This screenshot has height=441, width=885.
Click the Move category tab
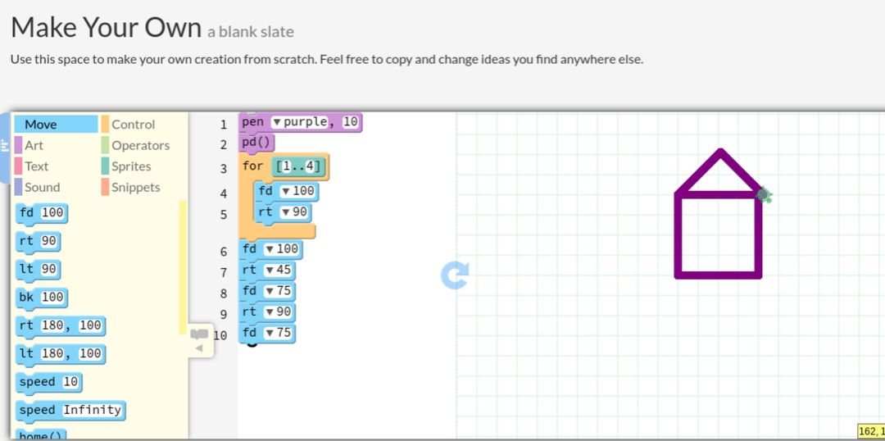56,125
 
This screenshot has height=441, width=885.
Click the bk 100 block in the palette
41,298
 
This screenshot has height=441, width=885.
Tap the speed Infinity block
70,410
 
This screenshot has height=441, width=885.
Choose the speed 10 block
49,382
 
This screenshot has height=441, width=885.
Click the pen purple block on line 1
300,122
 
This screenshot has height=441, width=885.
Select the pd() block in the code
256,143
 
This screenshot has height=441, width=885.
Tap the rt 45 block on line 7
267,270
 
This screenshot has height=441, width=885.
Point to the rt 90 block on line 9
267,311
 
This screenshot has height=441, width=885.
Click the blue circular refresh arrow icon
455,275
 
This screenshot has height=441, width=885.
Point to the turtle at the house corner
765,195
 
